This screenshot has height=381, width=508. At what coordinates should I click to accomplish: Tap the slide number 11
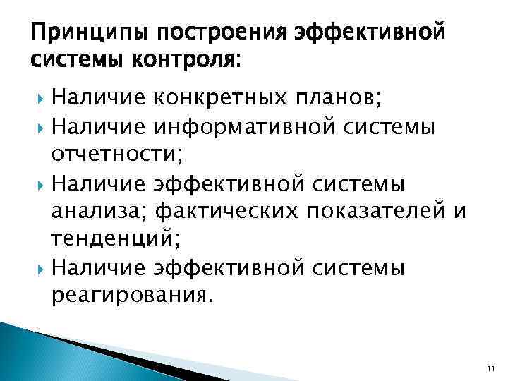[491, 369]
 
